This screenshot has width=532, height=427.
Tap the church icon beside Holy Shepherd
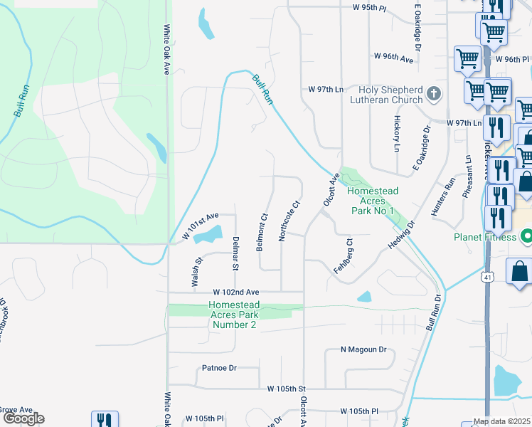pyautogui.click(x=432, y=93)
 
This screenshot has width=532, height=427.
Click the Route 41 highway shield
pyautogui.click(x=486, y=275)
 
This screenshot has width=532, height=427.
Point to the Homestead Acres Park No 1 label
pyautogui.click(x=372, y=201)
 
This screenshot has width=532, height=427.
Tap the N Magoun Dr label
pyautogui.click(x=363, y=349)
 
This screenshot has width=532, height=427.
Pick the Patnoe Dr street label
pyautogui.click(x=219, y=369)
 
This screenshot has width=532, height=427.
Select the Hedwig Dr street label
pyautogui.click(x=400, y=234)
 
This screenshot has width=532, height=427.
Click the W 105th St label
pyautogui.click(x=286, y=389)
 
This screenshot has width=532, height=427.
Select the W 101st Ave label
pyautogui.click(x=200, y=217)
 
